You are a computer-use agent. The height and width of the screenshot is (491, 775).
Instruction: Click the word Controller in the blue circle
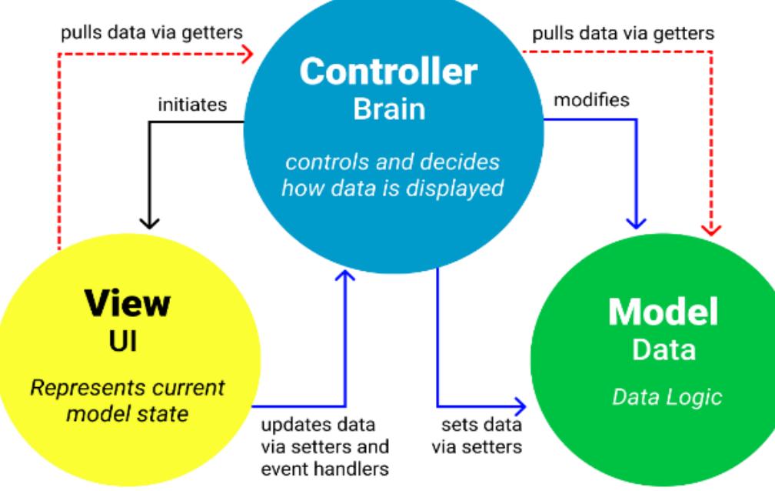(x=387, y=72)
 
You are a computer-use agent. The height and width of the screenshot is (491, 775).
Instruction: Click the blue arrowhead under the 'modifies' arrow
(x=636, y=222)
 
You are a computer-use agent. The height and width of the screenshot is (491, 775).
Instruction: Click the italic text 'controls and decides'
(x=392, y=163)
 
